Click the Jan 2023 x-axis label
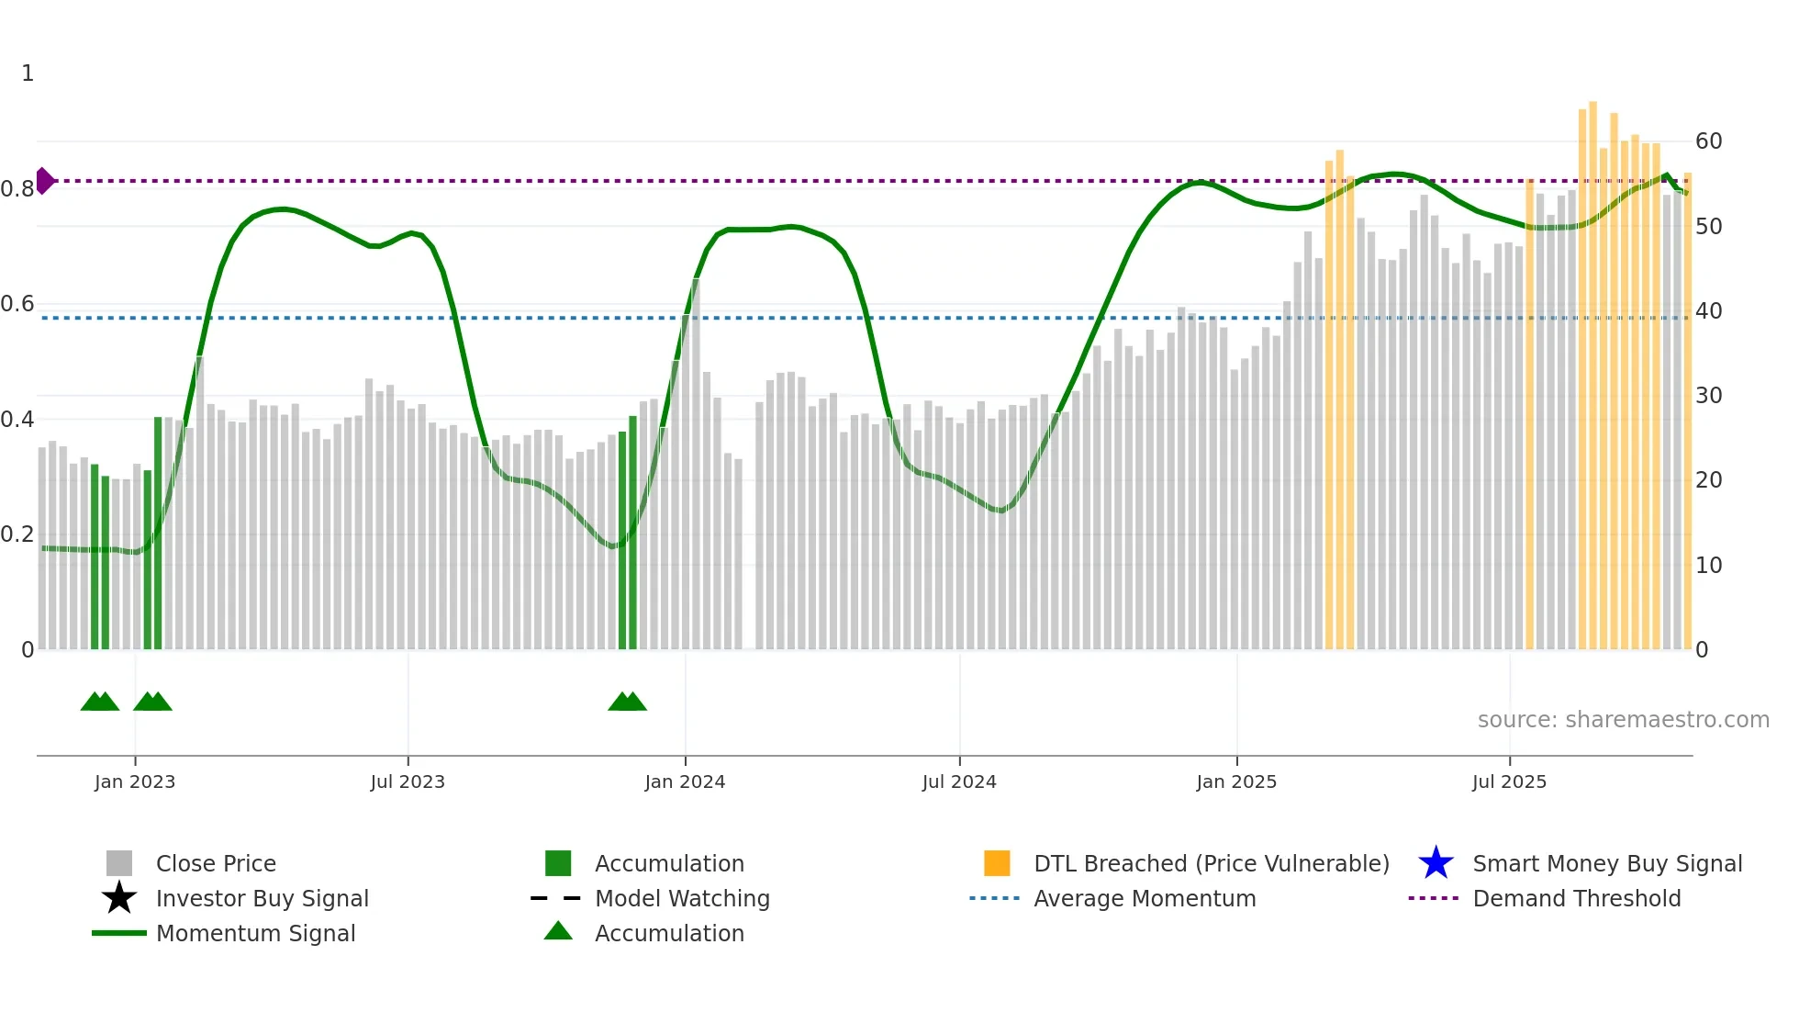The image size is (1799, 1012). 134,781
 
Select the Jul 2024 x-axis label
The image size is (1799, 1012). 959,781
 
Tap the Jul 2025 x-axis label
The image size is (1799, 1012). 1509,781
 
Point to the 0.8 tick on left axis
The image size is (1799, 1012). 17,189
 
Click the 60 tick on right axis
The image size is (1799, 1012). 1708,141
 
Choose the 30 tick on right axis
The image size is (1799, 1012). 1708,396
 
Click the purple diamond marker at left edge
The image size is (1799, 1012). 44,181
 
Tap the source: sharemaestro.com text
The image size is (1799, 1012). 1623,720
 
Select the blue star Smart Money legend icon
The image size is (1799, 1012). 1436,863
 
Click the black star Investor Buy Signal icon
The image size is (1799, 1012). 119,898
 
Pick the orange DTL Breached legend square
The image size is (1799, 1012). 997,863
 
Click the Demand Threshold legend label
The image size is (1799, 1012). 1576,898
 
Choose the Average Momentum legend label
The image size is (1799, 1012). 1145,898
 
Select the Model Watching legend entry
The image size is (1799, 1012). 681,898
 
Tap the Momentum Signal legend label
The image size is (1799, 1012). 255,933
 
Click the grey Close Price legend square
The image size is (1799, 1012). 119,863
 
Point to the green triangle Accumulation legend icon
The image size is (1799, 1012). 558,931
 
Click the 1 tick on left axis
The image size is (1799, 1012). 28,73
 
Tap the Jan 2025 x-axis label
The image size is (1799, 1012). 1236,781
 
